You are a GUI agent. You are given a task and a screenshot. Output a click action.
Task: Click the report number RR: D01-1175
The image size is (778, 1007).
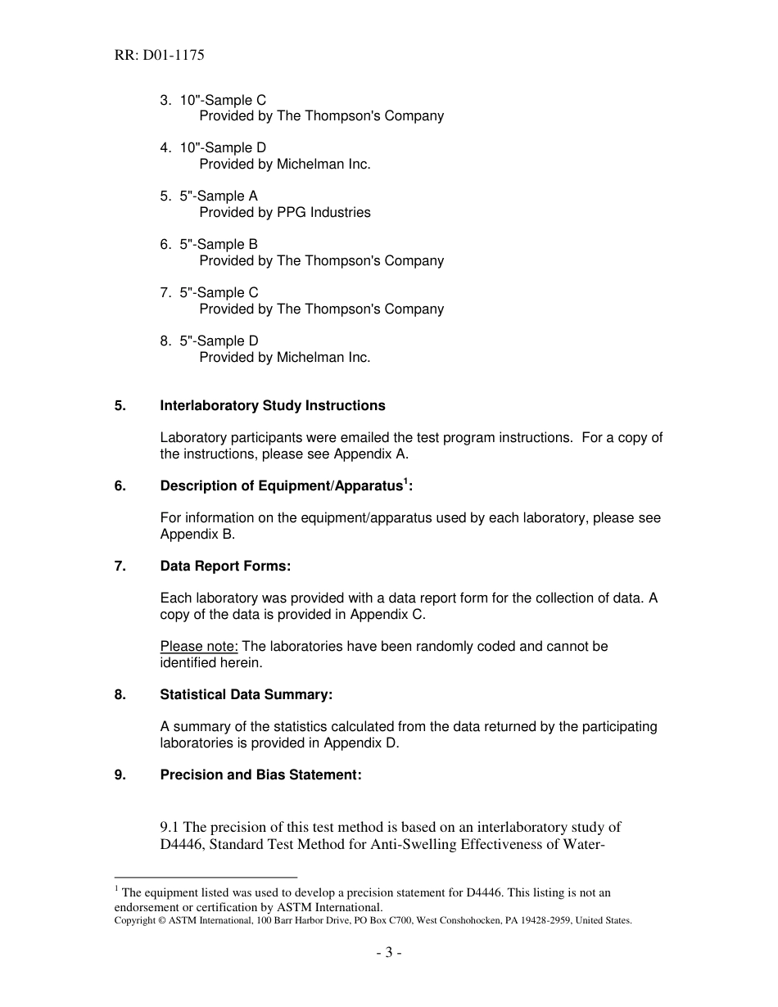(x=159, y=56)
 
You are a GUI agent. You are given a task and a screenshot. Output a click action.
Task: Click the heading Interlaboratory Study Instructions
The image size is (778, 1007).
(x=273, y=406)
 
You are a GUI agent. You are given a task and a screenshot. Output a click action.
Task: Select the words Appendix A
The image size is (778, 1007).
(x=378, y=454)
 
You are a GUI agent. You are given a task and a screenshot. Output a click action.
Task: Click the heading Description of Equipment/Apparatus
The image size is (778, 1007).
(x=281, y=486)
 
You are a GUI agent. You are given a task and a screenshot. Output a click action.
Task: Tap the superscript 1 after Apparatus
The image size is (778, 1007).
(x=405, y=481)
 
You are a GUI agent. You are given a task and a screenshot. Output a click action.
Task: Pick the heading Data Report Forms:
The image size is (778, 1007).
(x=225, y=567)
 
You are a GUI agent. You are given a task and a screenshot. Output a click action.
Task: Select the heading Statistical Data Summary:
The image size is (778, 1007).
(x=247, y=695)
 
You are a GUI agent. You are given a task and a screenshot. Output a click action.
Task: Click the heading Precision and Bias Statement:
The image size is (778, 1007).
(x=260, y=775)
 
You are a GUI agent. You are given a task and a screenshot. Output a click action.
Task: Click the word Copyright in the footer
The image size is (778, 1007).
(x=134, y=920)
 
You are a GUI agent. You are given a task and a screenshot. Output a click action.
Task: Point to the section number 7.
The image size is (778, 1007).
(x=120, y=567)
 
